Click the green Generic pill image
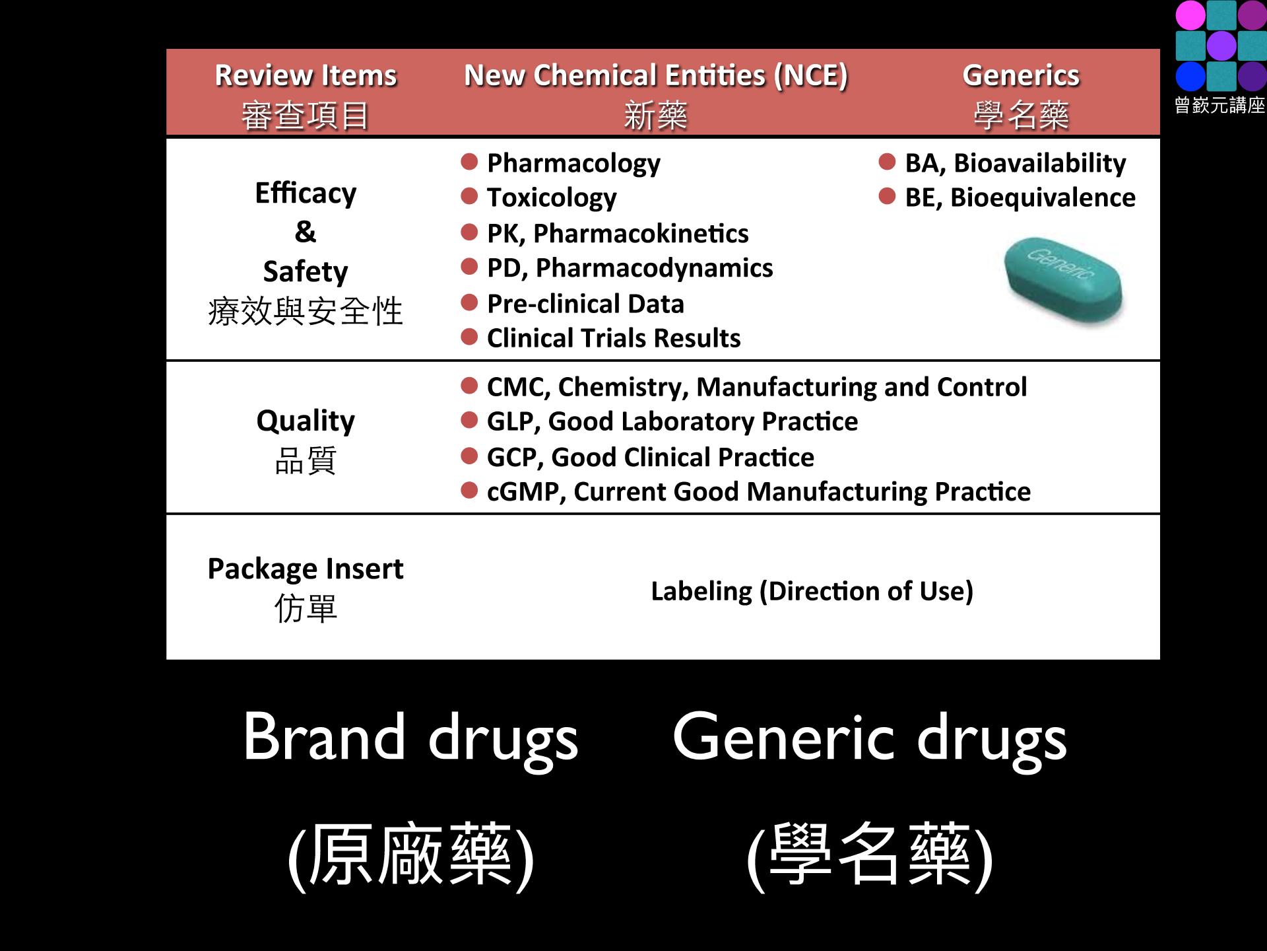tap(1063, 280)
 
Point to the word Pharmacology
tap(573, 163)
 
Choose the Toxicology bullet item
tap(552, 197)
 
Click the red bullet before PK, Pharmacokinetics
tap(469, 232)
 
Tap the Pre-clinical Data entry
tap(585, 304)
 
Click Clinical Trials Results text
tap(614, 338)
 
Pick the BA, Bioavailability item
tap(1016, 163)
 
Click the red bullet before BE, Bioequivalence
tap(888, 196)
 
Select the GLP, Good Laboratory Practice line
tap(672, 421)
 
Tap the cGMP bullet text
tap(759, 492)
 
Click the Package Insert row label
tap(306, 588)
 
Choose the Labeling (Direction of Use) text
tap(812, 591)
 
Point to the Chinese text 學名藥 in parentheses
tap(870, 855)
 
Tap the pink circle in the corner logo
tap(1190, 15)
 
